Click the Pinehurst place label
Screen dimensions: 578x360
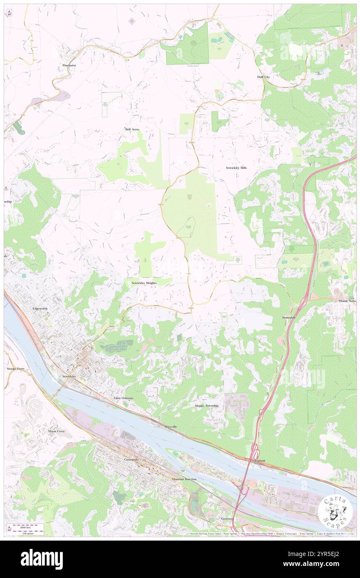point(69,66)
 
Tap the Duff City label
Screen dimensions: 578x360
point(264,77)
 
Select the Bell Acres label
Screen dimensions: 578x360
point(132,129)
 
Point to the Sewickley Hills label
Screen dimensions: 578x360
point(236,168)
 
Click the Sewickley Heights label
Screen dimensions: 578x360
point(144,283)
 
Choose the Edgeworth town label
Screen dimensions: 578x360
point(40,309)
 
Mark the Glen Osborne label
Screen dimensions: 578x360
point(124,398)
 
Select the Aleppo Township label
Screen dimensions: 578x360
point(207,405)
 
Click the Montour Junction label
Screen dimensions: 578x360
point(184,479)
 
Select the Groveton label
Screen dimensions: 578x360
point(227,519)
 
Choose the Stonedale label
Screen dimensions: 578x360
point(289,317)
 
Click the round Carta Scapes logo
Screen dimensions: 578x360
point(335,512)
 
